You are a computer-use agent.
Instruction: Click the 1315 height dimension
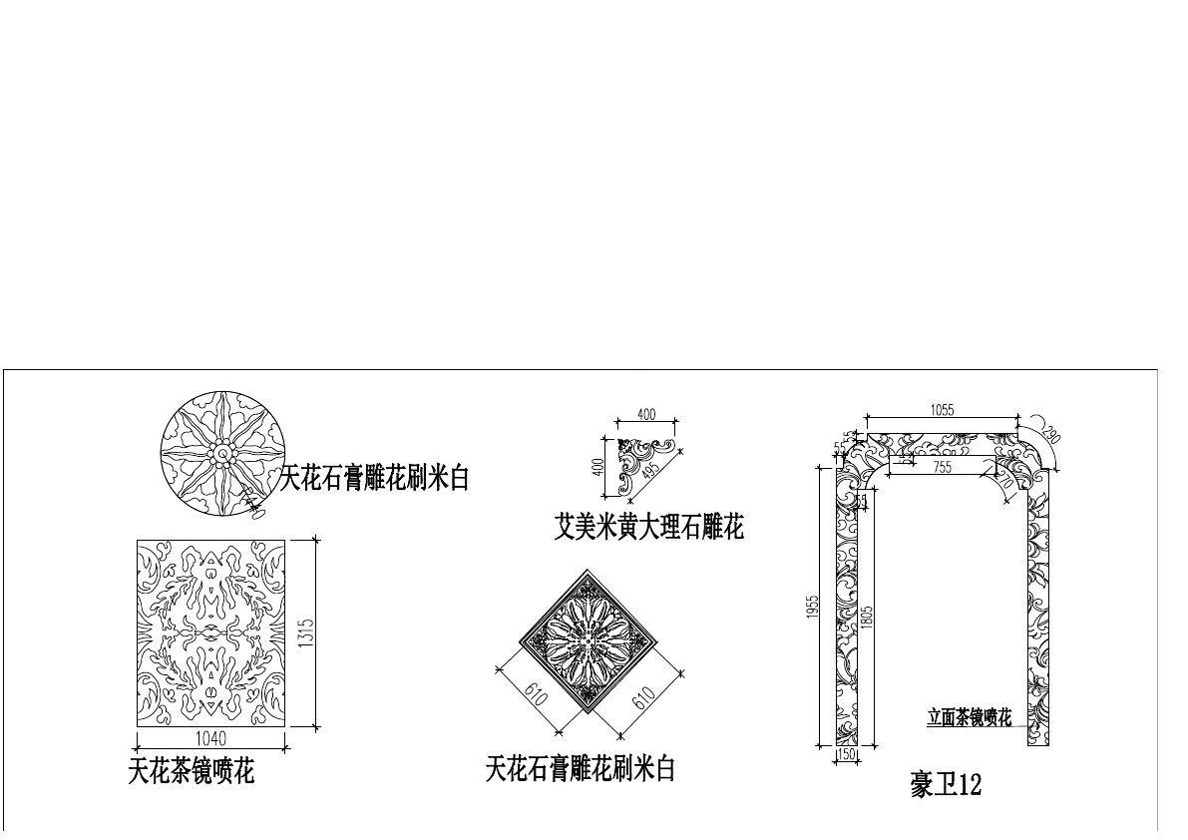pyautogui.click(x=307, y=632)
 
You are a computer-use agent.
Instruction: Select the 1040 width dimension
pyautogui.click(x=209, y=739)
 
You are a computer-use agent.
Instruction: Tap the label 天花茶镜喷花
pyautogui.click(x=191, y=771)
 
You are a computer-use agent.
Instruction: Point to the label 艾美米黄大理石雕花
pyautogui.click(x=648, y=526)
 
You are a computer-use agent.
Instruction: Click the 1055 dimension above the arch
pyautogui.click(x=942, y=410)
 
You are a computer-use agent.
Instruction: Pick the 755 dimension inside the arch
pyautogui.click(x=942, y=466)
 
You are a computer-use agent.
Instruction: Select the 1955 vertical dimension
pyautogui.click(x=814, y=607)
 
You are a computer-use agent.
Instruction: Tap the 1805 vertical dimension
pyautogui.click(x=868, y=617)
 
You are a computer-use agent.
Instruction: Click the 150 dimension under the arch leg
pyautogui.click(x=847, y=755)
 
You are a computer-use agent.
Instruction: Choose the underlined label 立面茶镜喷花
pyautogui.click(x=969, y=716)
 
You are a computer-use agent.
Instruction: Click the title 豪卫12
pyautogui.click(x=946, y=785)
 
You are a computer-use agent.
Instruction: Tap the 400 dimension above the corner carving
pyautogui.click(x=646, y=414)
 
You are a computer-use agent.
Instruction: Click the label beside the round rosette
pyautogui.click(x=373, y=479)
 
